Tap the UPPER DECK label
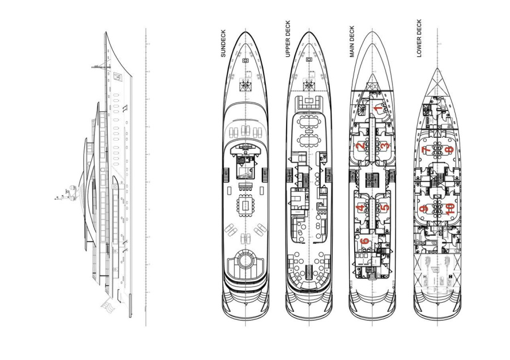[288, 43]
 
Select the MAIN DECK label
[352, 41]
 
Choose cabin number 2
[361, 146]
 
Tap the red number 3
[384, 146]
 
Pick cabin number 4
[361, 207]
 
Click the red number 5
[384, 207]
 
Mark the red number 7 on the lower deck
[426, 150]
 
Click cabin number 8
[449, 150]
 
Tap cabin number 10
[449, 208]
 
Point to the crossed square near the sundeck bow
[245, 84]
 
